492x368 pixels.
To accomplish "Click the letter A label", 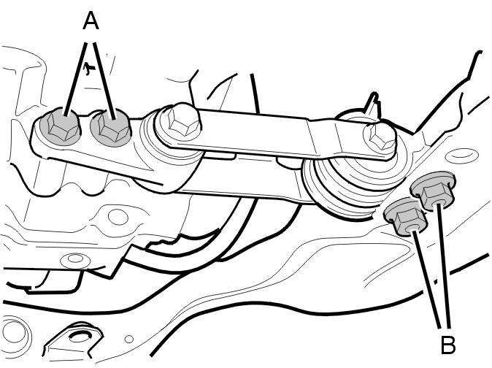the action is coord(91,20).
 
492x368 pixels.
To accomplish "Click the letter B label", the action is coord(448,345).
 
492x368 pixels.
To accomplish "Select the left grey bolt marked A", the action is coord(59,126).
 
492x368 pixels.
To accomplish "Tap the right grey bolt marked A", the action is coord(110,128).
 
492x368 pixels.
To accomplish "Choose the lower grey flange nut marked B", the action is coord(406,217).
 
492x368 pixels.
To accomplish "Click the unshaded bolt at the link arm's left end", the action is coord(180,122).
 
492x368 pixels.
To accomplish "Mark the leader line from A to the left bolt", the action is coord(75,80).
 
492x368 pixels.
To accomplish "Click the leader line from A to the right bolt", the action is coord(104,80).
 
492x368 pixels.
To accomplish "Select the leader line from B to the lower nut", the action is coord(427,279).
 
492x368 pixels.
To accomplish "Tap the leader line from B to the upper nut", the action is coord(444,265).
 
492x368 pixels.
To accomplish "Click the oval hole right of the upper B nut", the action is coord(462,155).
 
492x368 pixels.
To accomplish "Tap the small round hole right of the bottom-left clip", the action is coord(129,339).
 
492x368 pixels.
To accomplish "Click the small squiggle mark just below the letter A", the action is coord(89,68).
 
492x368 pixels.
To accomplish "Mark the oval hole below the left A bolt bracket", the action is coord(118,217).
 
